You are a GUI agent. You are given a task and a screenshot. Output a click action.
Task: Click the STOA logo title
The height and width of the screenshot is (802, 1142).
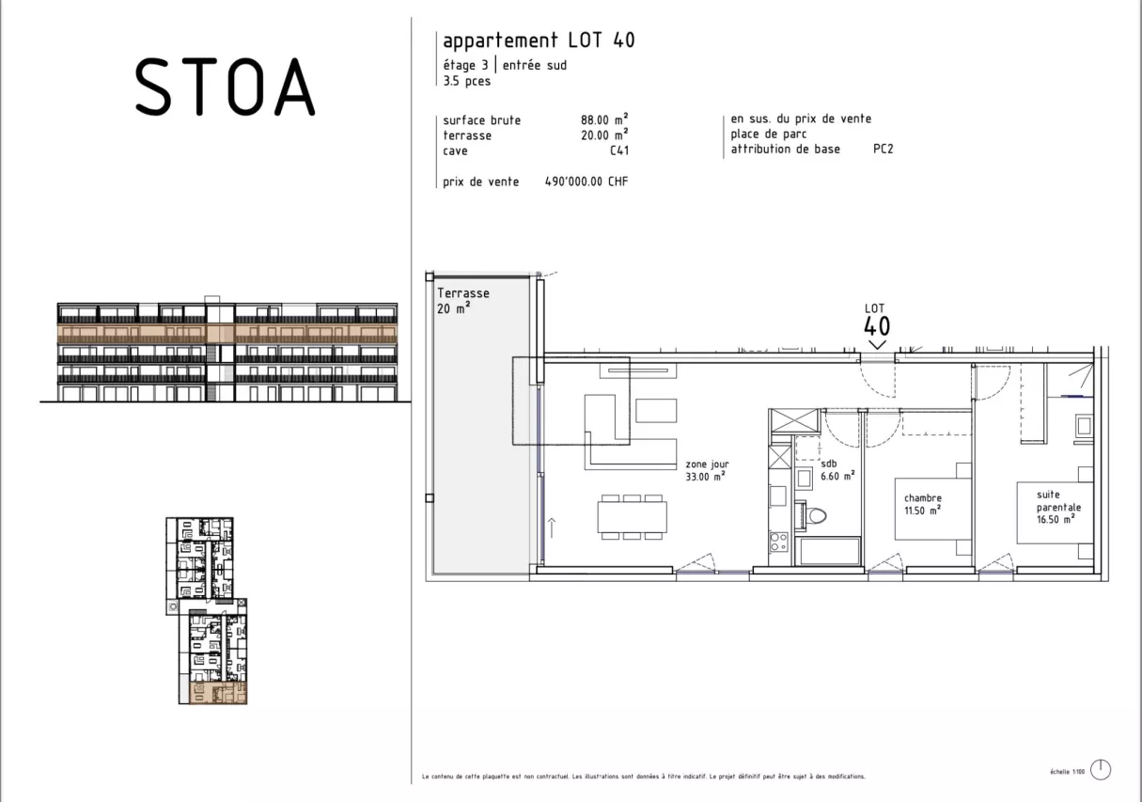tap(225, 86)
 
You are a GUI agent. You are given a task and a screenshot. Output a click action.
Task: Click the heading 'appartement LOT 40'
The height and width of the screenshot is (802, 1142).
tap(539, 40)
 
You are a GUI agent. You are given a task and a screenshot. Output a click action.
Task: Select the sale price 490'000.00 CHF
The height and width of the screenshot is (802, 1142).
tap(586, 181)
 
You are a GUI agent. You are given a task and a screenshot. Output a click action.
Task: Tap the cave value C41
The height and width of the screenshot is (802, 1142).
tap(618, 150)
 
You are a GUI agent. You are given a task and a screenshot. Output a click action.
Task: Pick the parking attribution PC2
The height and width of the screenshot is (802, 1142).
tap(883, 149)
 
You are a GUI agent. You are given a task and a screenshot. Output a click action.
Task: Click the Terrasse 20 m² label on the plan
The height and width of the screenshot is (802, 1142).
tap(462, 301)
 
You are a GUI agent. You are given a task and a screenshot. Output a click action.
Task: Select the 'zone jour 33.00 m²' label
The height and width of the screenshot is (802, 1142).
tap(708, 470)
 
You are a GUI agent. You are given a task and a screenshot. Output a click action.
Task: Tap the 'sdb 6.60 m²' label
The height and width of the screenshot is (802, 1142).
tap(837, 470)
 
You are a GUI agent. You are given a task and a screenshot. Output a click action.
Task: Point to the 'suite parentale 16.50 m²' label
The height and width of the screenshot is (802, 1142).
tap(1056, 506)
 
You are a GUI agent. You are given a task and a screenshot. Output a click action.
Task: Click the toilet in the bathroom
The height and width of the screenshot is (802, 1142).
tap(815, 515)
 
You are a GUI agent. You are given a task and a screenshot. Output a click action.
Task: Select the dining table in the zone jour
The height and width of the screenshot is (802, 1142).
tap(632, 517)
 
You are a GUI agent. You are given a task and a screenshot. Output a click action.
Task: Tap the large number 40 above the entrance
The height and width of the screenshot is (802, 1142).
tap(876, 327)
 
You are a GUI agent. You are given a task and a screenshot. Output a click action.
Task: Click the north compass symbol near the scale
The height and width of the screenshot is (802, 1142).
tap(1101, 770)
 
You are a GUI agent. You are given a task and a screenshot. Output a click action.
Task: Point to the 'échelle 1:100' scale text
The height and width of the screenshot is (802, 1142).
tap(1067, 772)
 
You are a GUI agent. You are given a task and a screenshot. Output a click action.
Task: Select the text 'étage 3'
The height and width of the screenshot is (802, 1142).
tap(465, 66)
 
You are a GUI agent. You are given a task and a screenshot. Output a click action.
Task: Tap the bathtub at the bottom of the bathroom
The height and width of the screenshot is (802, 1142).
tap(829, 551)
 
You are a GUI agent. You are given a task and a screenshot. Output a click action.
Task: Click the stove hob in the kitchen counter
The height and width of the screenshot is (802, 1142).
tap(778, 542)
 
